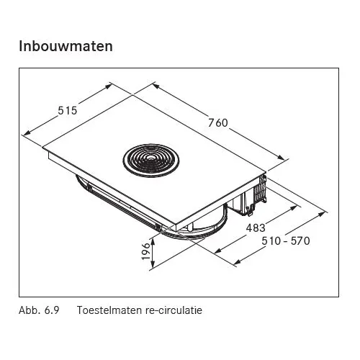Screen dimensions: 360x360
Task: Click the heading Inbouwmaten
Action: pyautogui.click(x=66, y=46)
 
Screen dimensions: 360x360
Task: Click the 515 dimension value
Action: pyautogui.click(x=68, y=111)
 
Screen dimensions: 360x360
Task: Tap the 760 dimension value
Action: pyautogui.click(x=218, y=123)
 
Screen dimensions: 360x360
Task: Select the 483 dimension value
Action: pyautogui.click(x=256, y=228)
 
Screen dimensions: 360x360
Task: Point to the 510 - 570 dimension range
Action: pyautogui.click(x=286, y=240)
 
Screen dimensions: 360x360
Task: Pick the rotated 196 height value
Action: pyautogui.click(x=146, y=251)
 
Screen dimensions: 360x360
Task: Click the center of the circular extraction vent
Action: pyautogui.click(x=151, y=158)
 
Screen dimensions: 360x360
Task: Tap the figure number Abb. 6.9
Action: pyautogui.click(x=39, y=310)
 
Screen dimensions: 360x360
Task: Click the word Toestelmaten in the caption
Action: pyautogui.click(x=109, y=310)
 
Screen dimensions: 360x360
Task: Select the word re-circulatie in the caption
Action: pyautogui.click(x=174, y=310)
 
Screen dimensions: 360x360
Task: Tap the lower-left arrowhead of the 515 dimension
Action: pyautogui.click(x=27, y=132)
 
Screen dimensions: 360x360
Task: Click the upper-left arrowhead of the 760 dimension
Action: pyautogui.click(x=156, y=86)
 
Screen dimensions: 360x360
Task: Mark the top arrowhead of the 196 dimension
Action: pyautogui.click(x=153, y=241)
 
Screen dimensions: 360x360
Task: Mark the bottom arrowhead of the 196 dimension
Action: pyautogui.click(x=153, y=265)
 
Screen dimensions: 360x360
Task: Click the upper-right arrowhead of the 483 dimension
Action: pyautogui.click(x=294, y=208)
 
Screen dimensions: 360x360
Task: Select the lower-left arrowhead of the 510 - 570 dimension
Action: pyautogui.click(x=237, y=263)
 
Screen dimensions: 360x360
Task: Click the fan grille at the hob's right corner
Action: pyautogui.click(x=261, y=189)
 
